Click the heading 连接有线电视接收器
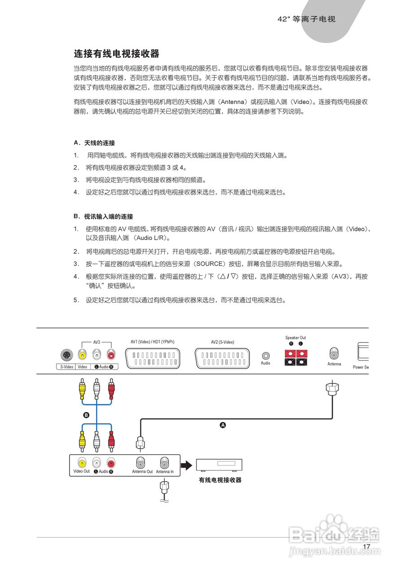tap(117, 54)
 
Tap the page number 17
tap(367, 547)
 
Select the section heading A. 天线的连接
tap(94, 143)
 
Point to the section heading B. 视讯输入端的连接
tap(103, 217)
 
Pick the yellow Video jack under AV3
tap(82, 355)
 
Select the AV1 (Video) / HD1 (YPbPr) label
tap(153, 342)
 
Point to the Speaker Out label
tap(296, 338)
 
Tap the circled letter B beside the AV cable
tap(87, 415)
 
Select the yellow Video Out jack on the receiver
tap(82, 462)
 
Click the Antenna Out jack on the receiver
tap(142, 462)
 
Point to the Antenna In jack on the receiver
tap(165, 462)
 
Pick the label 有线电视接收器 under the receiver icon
tap(220, 480)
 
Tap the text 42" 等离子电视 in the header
tap(307, 19)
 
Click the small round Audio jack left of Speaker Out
tap(266, 355)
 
